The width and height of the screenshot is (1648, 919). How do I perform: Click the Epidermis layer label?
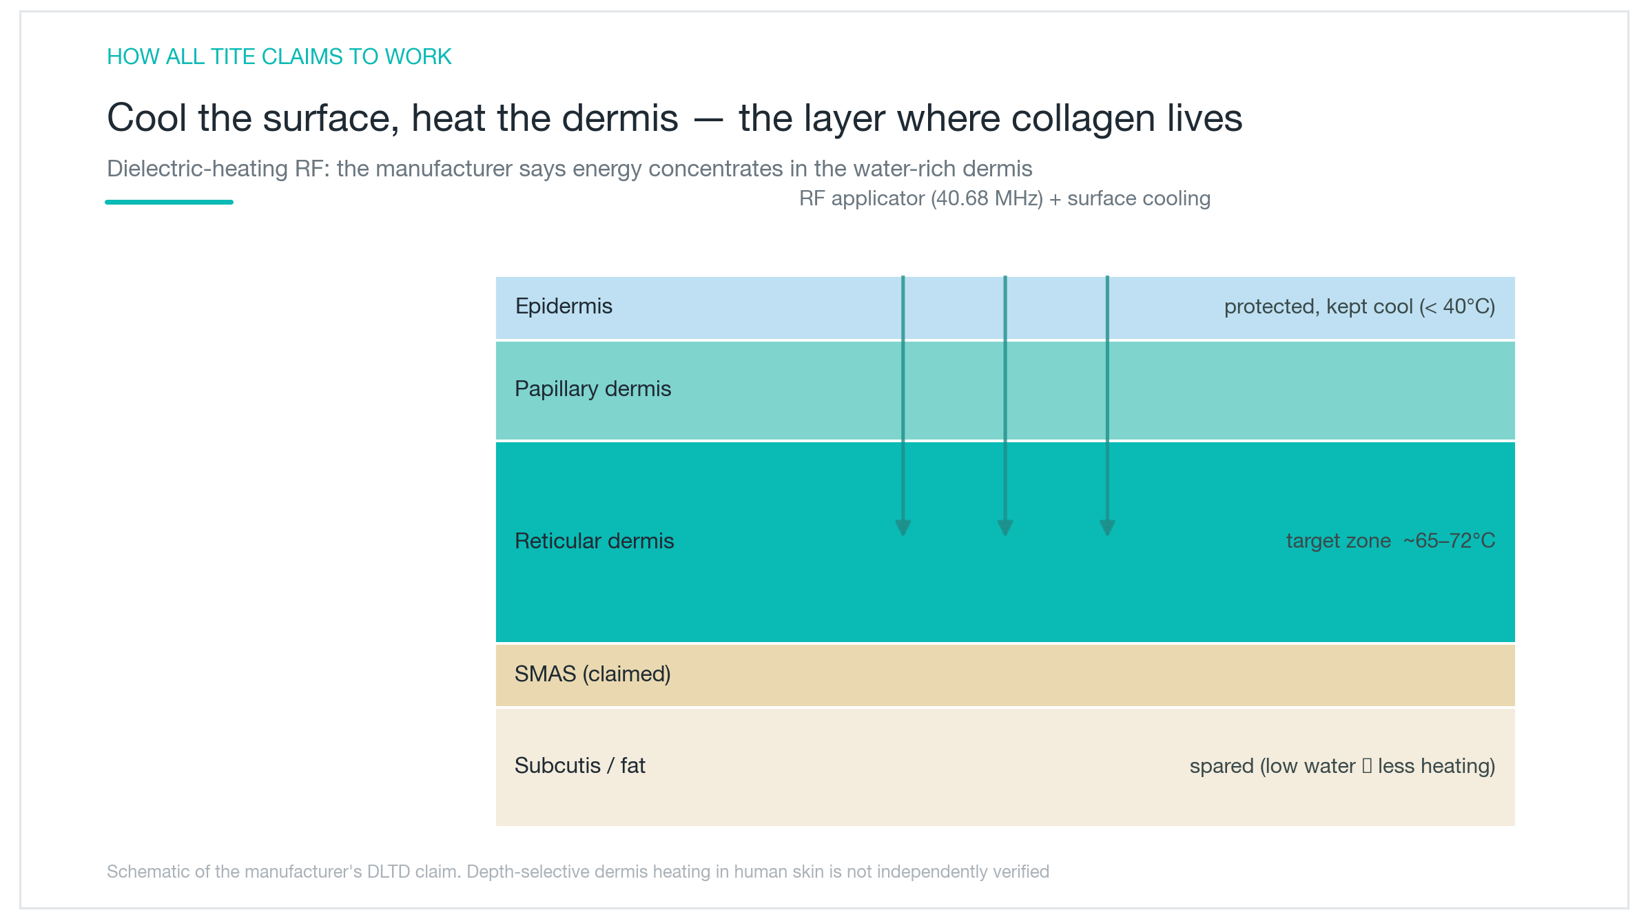[x=564, y=307]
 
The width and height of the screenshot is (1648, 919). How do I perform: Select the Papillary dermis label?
[x=593, y=389]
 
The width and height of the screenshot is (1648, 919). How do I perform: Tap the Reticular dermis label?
[x=594, y=541]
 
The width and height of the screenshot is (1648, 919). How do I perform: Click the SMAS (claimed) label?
[x=593, y=674]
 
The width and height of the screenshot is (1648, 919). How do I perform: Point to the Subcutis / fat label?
[x=579, y=765]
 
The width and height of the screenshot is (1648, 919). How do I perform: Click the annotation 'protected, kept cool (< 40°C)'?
[x=1359, y=307]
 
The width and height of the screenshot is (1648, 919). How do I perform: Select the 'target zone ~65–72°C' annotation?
[x=1390, y=541]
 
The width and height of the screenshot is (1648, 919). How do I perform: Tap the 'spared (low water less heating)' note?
[x=1342, y=766]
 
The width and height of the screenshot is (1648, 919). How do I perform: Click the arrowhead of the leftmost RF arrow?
[x=903, y=528]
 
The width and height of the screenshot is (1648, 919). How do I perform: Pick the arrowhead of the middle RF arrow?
[x=1005, y=528]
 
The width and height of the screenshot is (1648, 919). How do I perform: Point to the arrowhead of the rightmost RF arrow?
[x=1107, y=528]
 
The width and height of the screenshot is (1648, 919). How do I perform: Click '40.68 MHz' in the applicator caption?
[x=987, y=198]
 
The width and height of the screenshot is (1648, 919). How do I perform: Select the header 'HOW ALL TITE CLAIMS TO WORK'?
[x=279, y=56]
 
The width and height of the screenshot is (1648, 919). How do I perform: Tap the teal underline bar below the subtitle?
[x=169, y=202]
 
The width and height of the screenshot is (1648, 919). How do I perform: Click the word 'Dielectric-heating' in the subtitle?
[x=198, y=169]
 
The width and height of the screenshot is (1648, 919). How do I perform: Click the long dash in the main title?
[x=708, y=119]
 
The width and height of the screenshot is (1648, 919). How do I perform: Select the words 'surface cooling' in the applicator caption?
[x=1139, y=198]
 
